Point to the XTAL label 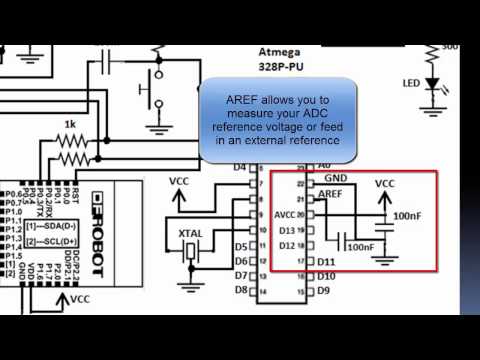click(191, 233)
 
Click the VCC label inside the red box click(385, 185)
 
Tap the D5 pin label click(241, 246)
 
